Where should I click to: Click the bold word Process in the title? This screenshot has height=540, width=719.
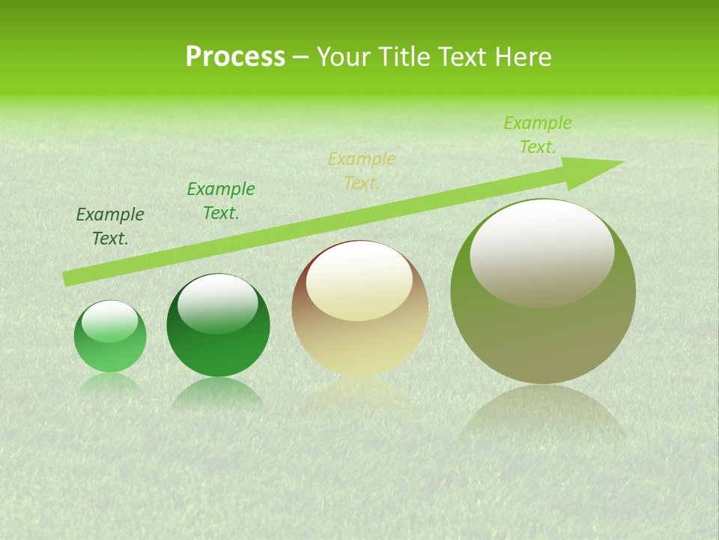235,57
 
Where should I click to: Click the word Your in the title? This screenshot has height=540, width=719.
345,57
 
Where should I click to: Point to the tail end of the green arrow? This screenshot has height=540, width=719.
66,279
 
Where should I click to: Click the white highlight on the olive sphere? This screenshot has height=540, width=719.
541,252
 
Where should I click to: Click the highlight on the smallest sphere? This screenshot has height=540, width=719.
110,321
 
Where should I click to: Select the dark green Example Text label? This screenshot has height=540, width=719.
110,226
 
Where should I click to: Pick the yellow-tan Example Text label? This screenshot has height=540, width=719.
362,171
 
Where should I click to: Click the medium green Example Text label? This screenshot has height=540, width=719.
221,201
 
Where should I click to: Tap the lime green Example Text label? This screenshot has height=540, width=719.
538,135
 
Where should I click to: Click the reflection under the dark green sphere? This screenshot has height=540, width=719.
218,393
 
